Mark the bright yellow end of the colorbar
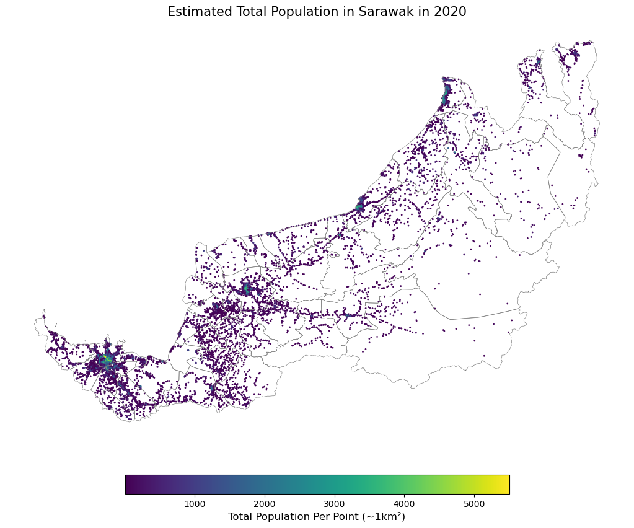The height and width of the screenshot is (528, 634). point(505,485)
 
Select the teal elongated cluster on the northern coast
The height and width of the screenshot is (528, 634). point(446,95)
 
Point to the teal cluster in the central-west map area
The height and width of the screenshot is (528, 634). point(246,288)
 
